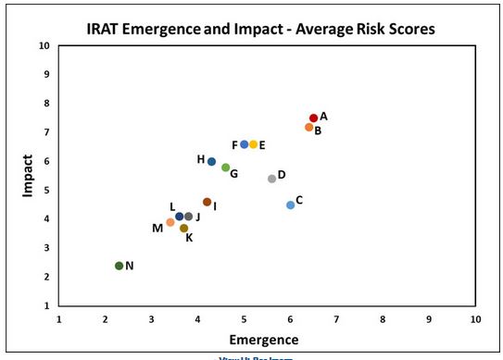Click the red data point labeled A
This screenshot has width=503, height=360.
pos(313,118)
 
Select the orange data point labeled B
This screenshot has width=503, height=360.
pos(308,127)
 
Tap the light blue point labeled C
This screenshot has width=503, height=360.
pos(290,205)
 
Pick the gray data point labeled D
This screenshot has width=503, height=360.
pos(271,178)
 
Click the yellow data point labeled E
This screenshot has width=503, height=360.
pos(253,144)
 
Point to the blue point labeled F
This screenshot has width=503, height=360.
pos(244,144)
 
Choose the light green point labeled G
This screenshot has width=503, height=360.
pos(225,168)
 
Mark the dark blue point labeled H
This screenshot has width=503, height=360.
pos(211,161)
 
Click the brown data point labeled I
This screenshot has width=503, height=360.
pos(207,202)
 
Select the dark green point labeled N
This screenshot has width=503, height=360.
pos(119,266)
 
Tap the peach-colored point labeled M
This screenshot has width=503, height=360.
pos(170,222)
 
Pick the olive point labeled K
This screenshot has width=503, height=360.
pos(183,228)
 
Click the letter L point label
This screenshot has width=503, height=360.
pos(171,206)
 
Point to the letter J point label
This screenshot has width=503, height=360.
pos(198,217)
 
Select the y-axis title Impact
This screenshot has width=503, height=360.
pos(28,174)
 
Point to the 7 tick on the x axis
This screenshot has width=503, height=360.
pos(336,318)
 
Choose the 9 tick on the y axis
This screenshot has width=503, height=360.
pos(46,74)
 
